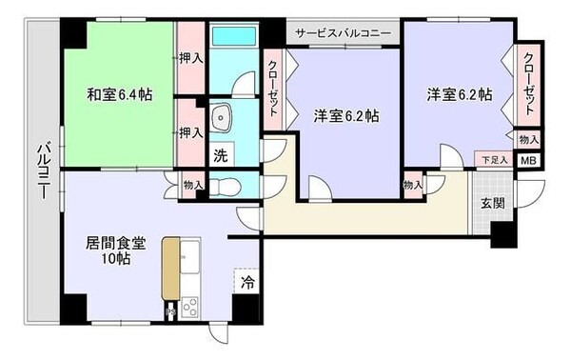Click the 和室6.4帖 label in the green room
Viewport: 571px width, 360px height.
(x=121, y=94)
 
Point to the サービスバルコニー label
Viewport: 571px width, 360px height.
(x=343, y=32)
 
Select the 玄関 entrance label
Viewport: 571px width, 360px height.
(x=491, y=202)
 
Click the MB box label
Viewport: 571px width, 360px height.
(x=527, y=161)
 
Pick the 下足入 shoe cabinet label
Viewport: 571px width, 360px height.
(x=491, y=160)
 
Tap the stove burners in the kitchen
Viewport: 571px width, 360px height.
(x=188, y=308)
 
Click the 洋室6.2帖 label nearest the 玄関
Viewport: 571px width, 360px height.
(x=459, y=94)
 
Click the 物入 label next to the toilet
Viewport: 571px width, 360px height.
(x=191, y=185)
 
